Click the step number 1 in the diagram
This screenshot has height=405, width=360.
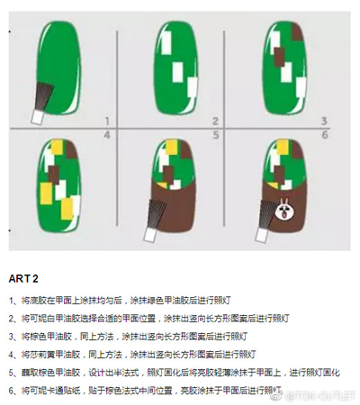coord(106,121)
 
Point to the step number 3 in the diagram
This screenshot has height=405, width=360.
coord(323,121)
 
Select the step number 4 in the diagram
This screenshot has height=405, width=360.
coord(106,135)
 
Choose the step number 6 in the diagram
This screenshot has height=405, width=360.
coord(323,135)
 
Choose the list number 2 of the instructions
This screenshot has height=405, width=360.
coord(13,318)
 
